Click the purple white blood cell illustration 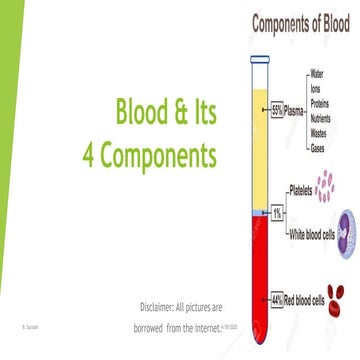[344, 225]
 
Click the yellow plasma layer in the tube [255, 150]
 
